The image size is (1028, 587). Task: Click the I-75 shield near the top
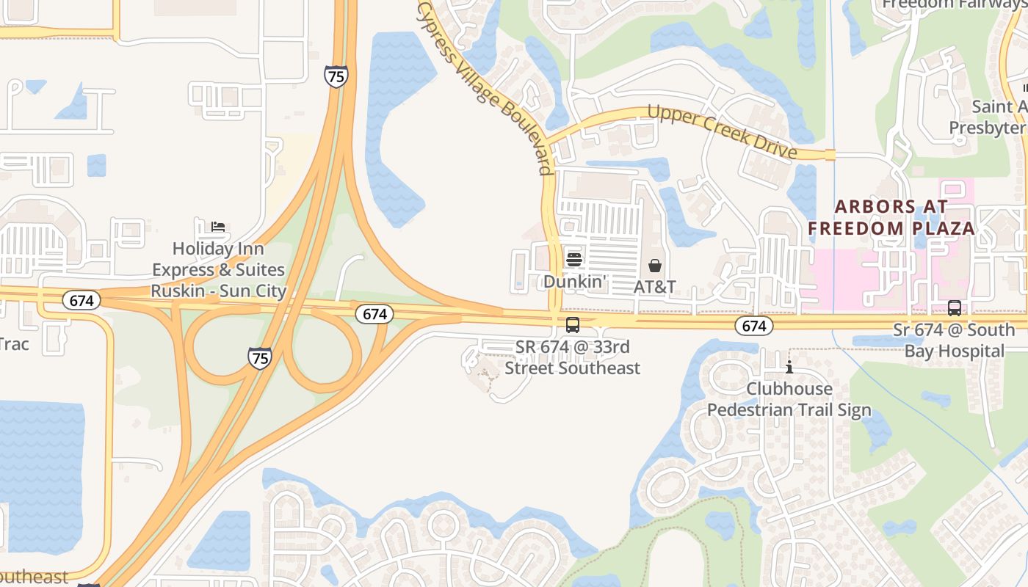tap(336, 76)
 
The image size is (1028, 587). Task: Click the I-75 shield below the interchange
tap(259, 357)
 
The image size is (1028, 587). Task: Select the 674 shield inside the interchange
tap(374, 314)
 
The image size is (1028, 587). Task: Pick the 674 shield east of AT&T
tap(753, 326)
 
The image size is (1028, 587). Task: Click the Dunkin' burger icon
tap(573, 259)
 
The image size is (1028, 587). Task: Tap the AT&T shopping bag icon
tap(655, 266)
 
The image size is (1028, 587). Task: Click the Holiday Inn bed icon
tap(218, 226)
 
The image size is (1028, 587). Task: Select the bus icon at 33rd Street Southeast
tap(573, 324)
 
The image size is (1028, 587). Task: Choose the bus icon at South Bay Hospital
tap(955, 308)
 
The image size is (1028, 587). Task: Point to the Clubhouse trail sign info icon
tap(789, 367)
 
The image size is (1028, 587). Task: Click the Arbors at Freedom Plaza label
tap(891, 217)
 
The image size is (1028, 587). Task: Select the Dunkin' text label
tap(573, 281)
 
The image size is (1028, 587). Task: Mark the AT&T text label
tap(655, 287)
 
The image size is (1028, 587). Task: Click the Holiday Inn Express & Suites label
tap(218, 270)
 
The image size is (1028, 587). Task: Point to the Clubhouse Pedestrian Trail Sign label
tap(789, 399)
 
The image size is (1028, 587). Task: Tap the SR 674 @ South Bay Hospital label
tap(954, 340)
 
